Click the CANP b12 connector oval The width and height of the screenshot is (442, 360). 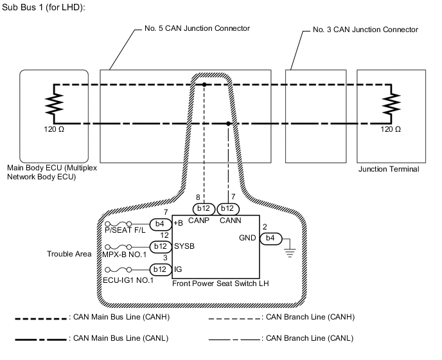coord(204,209)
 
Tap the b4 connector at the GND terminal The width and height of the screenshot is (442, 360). coord(270,239)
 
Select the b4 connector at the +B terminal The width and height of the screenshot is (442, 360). coord(160,224)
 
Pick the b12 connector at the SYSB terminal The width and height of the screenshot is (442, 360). coord(160,246)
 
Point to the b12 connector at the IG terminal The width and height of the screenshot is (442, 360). coord(160,269)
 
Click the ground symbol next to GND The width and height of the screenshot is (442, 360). coord(291,249)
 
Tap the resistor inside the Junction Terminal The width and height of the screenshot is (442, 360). coord(390,103)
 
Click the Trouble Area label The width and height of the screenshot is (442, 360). coord(69,254)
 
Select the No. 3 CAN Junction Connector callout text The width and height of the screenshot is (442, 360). coord(364,29)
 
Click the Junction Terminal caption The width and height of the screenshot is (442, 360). coord(388,170)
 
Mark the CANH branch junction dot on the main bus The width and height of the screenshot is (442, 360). coord(204,84)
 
